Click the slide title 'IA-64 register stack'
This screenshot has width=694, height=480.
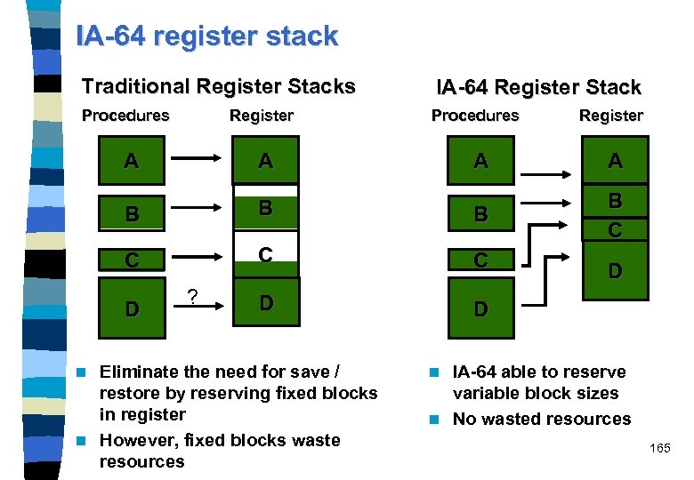point(207,36)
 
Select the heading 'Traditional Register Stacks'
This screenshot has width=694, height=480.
point(218,86)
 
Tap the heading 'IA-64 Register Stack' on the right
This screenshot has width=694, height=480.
point(537,87)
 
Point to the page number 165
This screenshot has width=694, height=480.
point(659,448)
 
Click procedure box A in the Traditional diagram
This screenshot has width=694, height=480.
point(131,161)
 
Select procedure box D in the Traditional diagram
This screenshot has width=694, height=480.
point(131,308)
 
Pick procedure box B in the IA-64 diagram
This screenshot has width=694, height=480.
point(480,214)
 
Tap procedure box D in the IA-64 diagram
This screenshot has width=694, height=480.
point(480,308)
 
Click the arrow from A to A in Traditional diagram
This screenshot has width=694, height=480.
point(196,159)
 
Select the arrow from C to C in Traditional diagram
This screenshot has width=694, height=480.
point(196,258)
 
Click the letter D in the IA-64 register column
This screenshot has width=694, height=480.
point(615,268)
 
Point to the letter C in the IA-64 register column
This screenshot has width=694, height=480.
point(615,229)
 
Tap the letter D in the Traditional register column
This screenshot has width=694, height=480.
point(265,302)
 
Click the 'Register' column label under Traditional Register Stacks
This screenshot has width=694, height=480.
point(261,116)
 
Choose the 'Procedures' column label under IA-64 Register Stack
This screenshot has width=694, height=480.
point(474,116)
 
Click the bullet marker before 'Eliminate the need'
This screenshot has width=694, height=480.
point(84,372)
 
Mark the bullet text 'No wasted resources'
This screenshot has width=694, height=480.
point(541,419)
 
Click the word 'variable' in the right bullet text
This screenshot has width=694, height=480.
point(485,394)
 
